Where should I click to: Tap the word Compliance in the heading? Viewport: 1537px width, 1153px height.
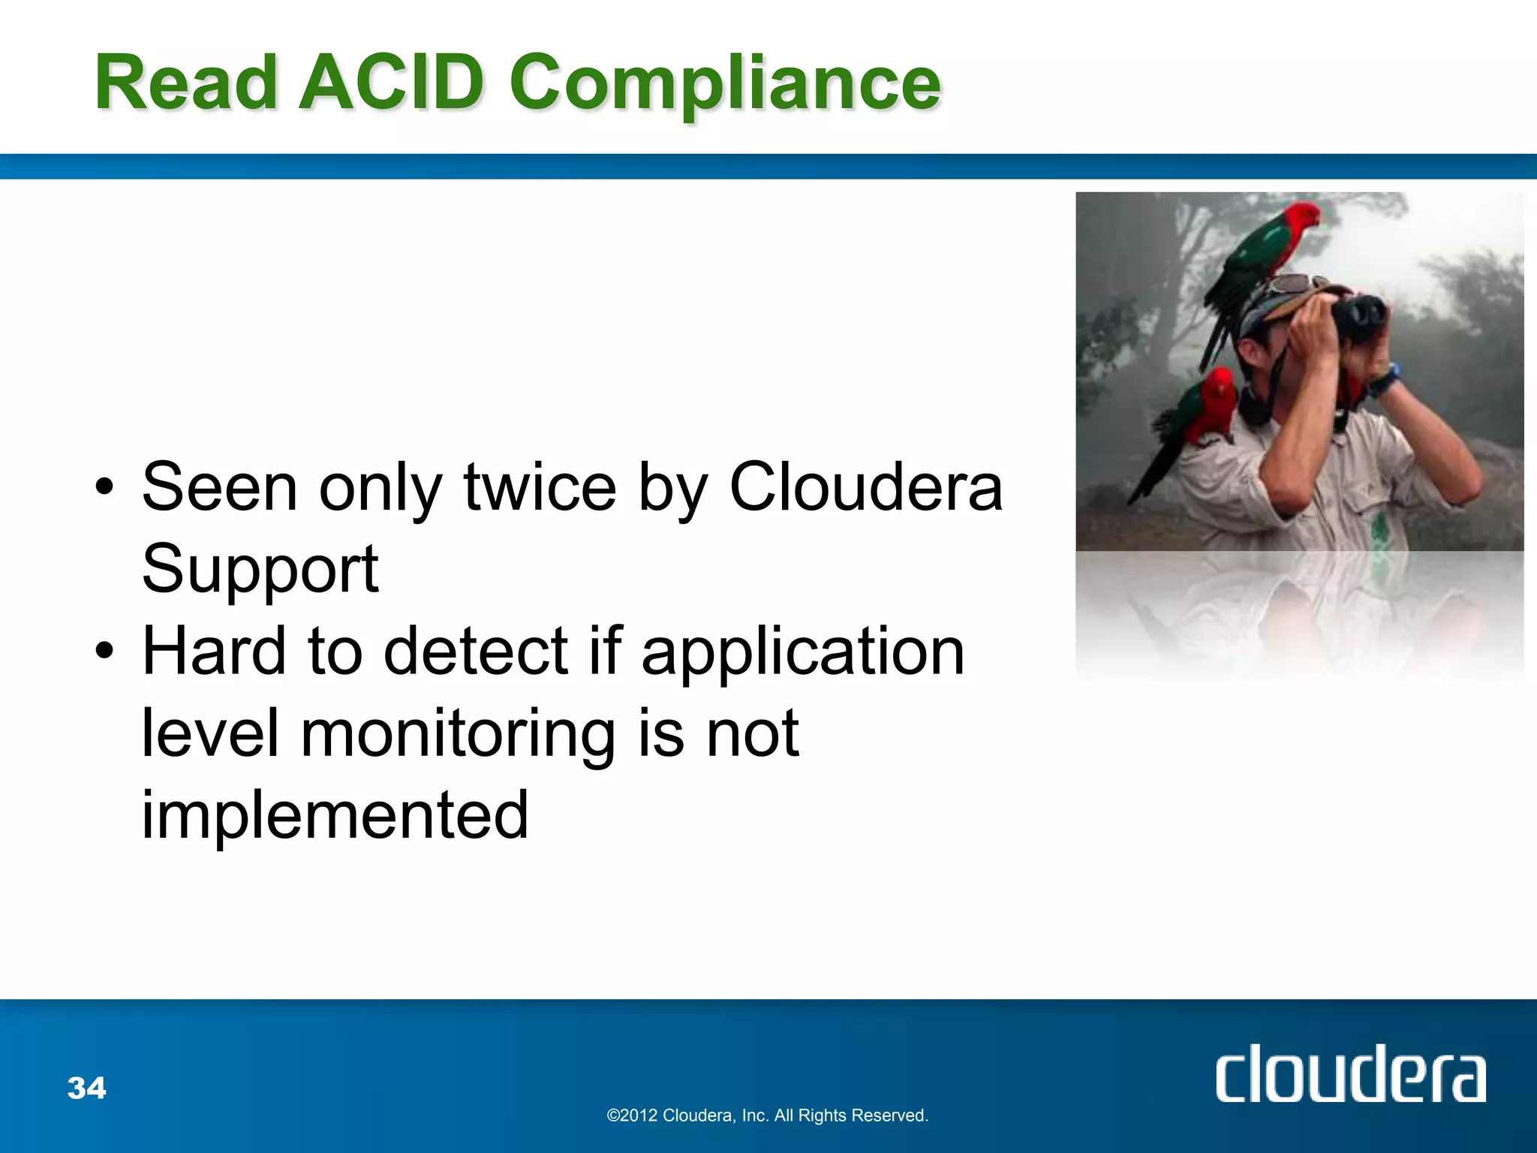[x=724, y=84]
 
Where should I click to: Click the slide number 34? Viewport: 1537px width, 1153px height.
[x=87, y=1088]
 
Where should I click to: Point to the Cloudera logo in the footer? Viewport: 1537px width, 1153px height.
[x=1350, y=1075]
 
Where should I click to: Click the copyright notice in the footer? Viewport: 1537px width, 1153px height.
[x=767, y=1115]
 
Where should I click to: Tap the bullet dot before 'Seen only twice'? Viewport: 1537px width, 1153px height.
[x=105, y=488]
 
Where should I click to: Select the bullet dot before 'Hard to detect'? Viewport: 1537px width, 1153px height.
[x=105, y=652]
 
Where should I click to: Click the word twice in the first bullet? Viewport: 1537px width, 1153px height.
[x=540, y=488]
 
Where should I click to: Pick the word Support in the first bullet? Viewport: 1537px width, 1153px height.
[x=260, y=569]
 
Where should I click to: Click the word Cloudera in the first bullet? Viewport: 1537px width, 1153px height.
[x=865, y=488]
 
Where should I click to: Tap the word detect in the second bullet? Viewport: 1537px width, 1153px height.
[x=476, y=652]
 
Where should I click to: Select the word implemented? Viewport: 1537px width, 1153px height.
[x=335, y=815]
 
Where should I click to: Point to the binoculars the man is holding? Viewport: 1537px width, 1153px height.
[x=1358, y=315]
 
